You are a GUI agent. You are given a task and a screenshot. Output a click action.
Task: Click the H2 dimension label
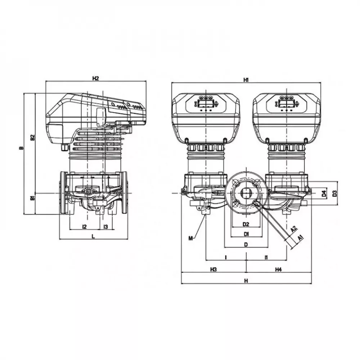(x=95, y=78)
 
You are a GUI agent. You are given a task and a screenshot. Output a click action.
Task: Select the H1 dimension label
(x=246, y=80)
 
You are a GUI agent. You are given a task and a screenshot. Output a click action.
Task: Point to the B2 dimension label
(x=32, y=137)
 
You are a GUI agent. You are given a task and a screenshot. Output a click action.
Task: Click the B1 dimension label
(x=32, y=198)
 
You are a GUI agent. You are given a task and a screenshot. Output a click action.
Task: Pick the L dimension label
(x=93, y=236)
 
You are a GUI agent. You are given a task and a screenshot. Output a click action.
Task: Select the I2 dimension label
(x=85, y=226)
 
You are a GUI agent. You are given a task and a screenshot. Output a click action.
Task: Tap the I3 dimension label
(x=105, y=226)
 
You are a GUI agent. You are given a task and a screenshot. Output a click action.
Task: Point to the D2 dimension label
(x=246, y=224)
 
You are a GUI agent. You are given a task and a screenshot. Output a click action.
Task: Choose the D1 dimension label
(x=246, y=234)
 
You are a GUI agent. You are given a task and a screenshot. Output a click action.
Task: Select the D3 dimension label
(x=334, y=194)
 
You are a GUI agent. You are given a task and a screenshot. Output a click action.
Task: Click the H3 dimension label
(x=213, y=269)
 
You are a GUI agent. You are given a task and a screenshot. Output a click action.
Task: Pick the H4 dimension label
(x=278, y=269)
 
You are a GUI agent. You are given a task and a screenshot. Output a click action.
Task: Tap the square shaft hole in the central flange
(x=246, y=193)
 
